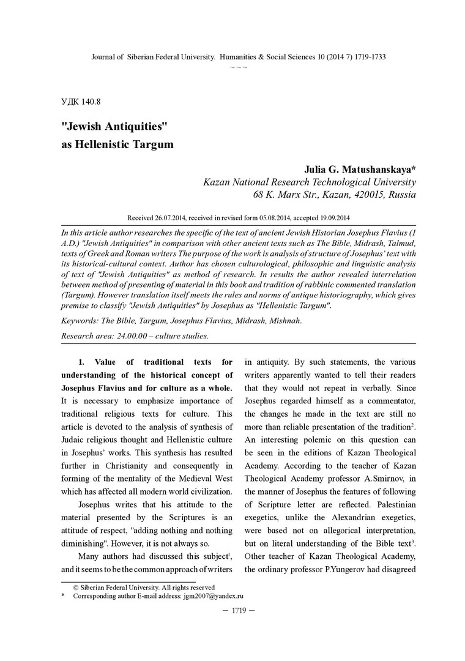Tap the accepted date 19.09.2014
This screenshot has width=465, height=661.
click(330, 217)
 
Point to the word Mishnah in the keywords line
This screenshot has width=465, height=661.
click(283, 320)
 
